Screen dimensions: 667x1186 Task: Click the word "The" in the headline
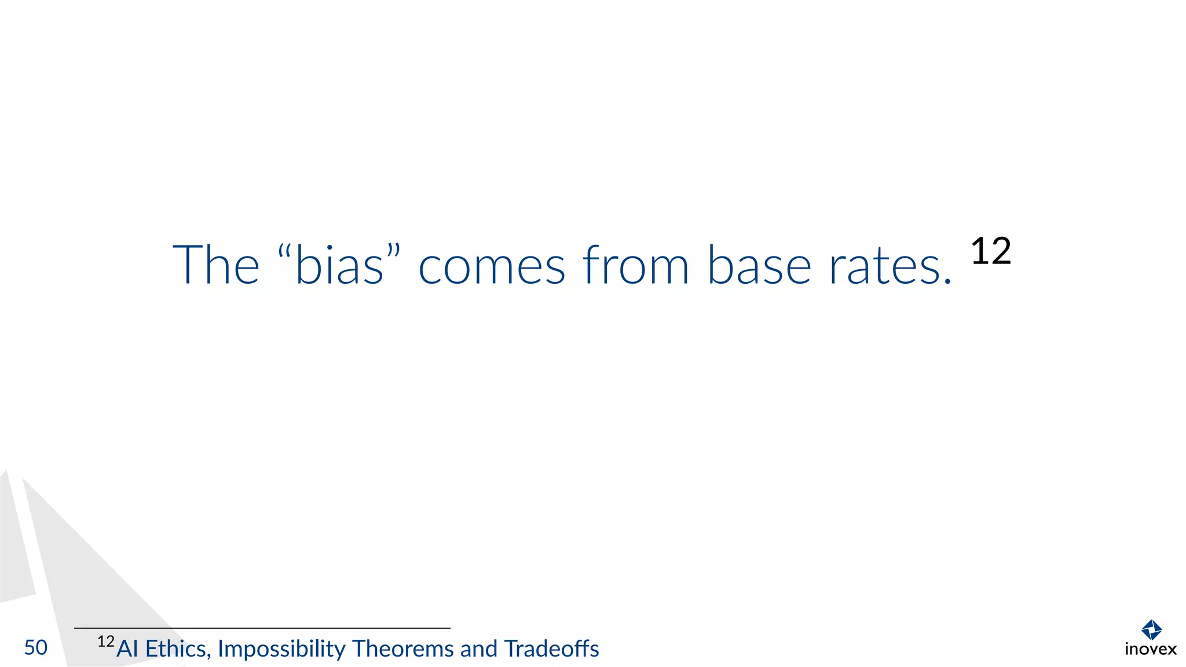click(216, 265)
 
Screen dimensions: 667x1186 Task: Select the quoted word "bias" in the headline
click(339, 266)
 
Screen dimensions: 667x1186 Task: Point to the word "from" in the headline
click(635, 265)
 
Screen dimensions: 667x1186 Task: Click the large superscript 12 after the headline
click(991, 251)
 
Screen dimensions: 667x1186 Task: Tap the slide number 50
click(36, 648)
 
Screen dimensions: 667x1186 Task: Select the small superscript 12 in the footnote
click(106, 642)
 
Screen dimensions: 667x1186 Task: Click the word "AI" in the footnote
click(127, 649)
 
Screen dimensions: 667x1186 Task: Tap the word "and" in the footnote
click(479, 649)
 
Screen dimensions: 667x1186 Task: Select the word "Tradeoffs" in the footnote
click(552, 649)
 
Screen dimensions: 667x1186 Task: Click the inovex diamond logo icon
click(1151, 630)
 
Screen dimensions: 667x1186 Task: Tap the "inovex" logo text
click(1151, 650)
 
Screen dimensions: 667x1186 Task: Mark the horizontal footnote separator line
click(262, 628)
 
